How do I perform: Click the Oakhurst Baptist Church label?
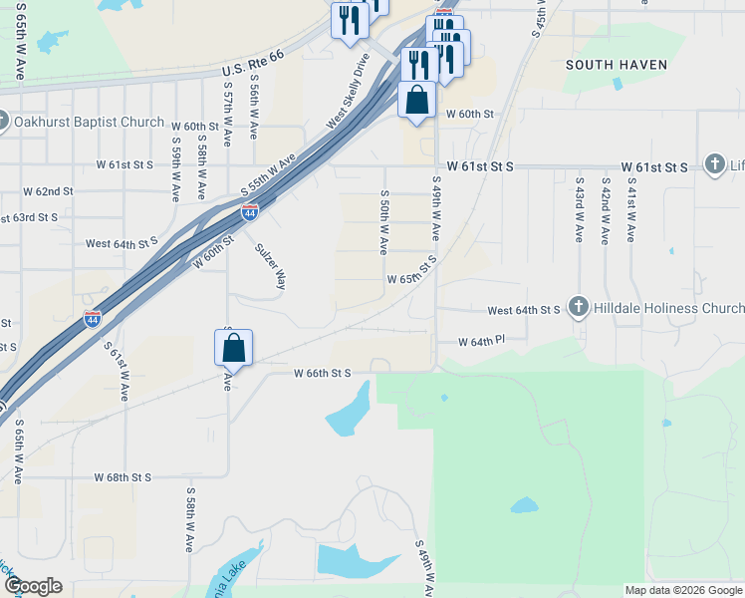(x=90, y=122)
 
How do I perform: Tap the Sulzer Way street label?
(x=270, y=266)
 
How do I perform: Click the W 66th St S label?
(x=323, y=373)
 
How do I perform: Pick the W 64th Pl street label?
(x=482, y=341)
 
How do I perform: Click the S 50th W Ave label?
(x=383, y=222)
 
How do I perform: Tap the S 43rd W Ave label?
(x=579, y=210)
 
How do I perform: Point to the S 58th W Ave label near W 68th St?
(x=188, y=520)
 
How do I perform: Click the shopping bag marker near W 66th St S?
(x=233, y=349)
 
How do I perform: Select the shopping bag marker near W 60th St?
(x=416, y=101)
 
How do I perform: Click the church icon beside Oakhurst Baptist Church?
(x=3, y=122)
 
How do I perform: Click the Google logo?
(x=32, y=586)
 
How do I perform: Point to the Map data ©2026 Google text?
(x=682, y=590)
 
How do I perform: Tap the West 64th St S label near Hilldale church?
(x=523, y=311)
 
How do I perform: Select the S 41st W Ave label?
(x=630, y=210)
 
